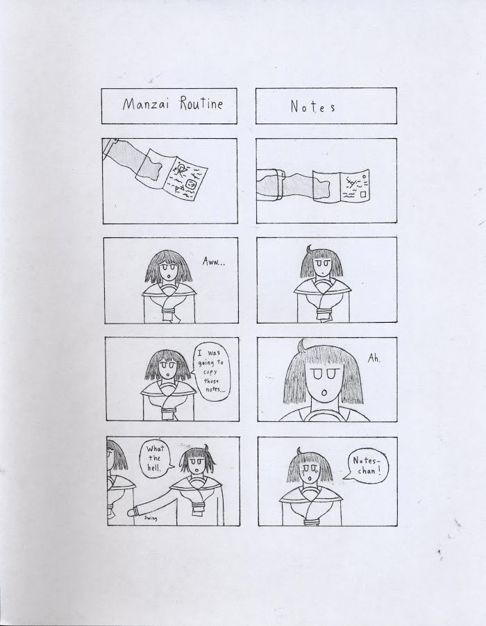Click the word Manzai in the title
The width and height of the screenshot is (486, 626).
tap(146, 104)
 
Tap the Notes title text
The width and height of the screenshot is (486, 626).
tap(312, 107)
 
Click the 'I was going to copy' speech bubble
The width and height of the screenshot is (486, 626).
tap(212, 371)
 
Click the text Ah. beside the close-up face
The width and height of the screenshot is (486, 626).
tap(374, 359)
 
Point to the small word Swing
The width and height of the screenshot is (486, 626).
tap(151, 518)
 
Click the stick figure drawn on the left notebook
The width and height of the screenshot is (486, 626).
tap(182, 171)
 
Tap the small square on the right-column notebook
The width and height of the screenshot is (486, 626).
tap(362, 194)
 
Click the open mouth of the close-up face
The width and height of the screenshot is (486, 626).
tap(324, 394)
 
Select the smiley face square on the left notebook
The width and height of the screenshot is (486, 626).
tap(192, 184)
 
